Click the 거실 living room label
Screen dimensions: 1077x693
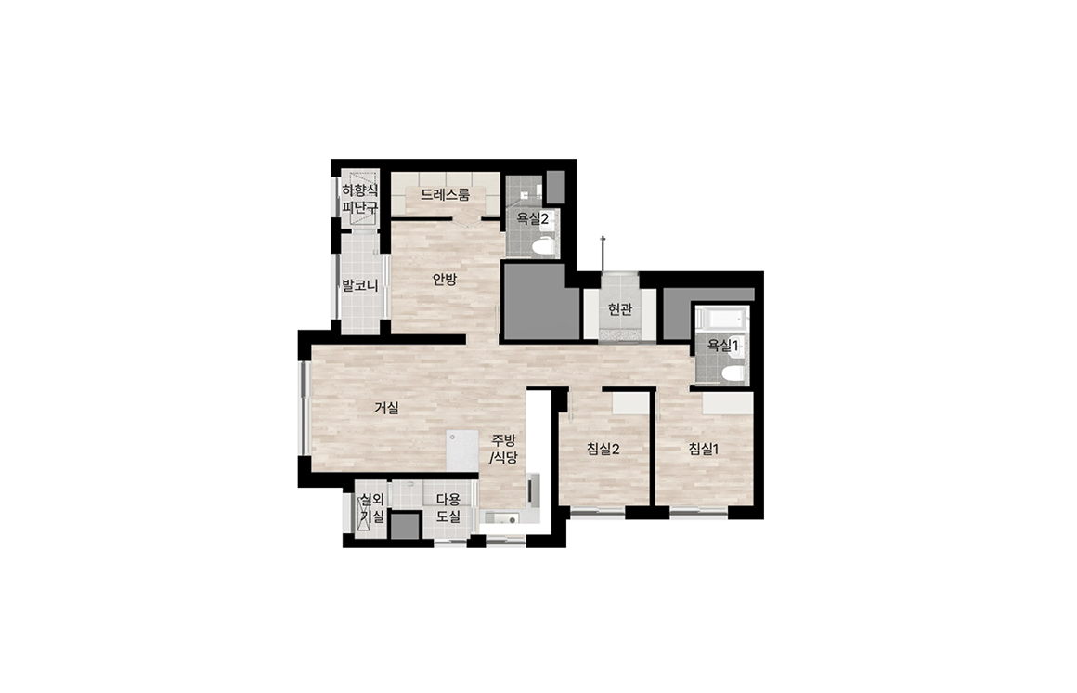tap(386, 408)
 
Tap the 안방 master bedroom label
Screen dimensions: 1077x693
tap(444, 279)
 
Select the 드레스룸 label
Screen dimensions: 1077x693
tap(445, 194)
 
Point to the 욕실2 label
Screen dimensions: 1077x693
tap(532, 219)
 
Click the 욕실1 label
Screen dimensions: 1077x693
tap(722, 346)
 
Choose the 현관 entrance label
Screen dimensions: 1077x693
tap(619, 309)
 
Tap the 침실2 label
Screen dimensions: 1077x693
tap(603, 450)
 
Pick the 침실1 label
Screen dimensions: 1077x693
tap(704, 450)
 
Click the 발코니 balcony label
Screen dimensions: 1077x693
tap(360, 284)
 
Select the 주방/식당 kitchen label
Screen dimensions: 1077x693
tap(503, 449)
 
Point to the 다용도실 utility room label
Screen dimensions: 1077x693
tap(448, 508)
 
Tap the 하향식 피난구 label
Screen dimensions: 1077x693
tap(360, 199)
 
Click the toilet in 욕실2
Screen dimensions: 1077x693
tap(543, 246)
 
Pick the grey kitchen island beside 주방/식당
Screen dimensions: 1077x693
tap(461, 451)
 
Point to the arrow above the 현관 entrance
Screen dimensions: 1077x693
tap(603, 254)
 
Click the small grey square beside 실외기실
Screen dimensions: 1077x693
tap(405, 526)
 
